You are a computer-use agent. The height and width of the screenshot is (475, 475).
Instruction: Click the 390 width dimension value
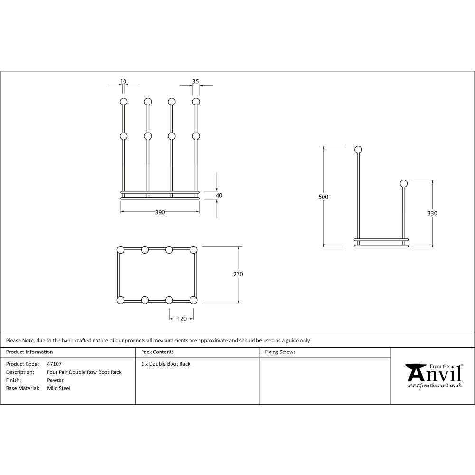(160, 213)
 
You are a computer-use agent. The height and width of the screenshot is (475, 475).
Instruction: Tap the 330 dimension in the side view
(432, 214)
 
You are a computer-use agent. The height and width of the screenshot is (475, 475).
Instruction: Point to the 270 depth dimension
(238, 274)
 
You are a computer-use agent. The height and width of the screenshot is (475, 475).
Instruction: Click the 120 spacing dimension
(182, 319)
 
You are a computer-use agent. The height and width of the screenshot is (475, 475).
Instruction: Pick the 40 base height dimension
(219, 195)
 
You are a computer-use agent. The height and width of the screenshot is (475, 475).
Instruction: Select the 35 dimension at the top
(195, 81)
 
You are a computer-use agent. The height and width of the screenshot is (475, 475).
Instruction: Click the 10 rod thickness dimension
(123, 81)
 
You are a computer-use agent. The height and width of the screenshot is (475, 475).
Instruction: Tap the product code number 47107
(55, 364)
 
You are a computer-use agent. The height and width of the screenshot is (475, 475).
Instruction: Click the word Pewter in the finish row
(56, 380)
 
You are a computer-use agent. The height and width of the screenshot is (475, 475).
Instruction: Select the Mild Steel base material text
(59, 388)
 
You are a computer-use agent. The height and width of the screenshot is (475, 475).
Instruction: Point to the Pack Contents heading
(157, 352)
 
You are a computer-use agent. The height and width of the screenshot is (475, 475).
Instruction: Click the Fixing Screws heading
(280, 352)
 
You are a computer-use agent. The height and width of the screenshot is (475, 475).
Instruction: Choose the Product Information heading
(29, 352)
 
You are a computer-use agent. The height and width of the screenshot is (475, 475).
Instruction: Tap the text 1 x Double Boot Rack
(166, 364)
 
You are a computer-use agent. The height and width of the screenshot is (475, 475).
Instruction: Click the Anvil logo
(434, 373)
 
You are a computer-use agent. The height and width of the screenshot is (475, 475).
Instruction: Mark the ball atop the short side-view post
(404, 183)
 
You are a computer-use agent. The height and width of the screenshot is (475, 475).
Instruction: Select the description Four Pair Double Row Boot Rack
(85, 372)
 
